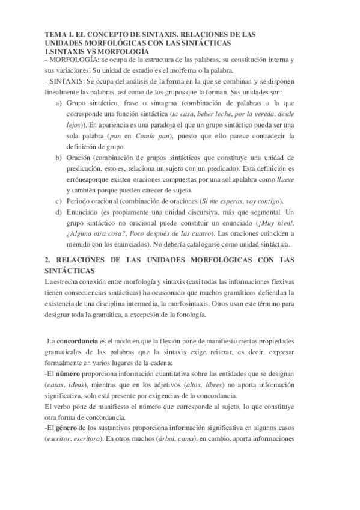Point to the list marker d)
point(58,213)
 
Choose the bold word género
point(68,429)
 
